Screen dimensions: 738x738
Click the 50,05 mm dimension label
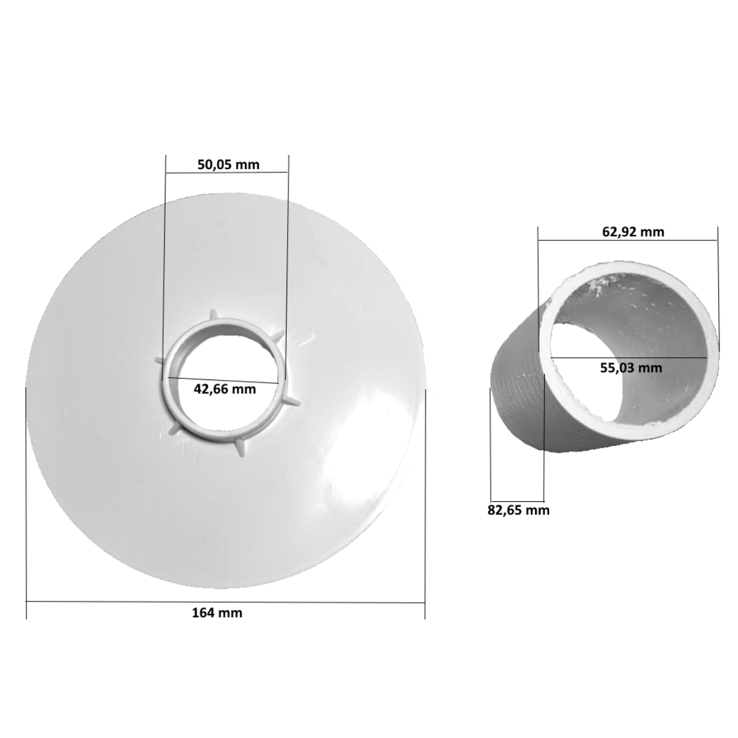click(228, 164)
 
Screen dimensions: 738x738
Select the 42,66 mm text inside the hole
click(224, 389)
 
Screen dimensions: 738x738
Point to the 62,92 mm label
click(633, 232)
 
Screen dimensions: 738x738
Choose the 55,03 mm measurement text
click(631, 368)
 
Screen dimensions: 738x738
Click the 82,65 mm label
click(518, 510)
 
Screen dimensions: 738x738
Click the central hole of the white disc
click(224, 363)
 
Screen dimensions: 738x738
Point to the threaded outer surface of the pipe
click(517, 406)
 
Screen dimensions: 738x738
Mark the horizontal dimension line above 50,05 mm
click(227, 172)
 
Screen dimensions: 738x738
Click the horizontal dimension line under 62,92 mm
click(628, 241)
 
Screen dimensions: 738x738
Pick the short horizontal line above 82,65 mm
click(518, 499)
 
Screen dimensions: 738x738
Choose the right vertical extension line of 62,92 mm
click(718, 289)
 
